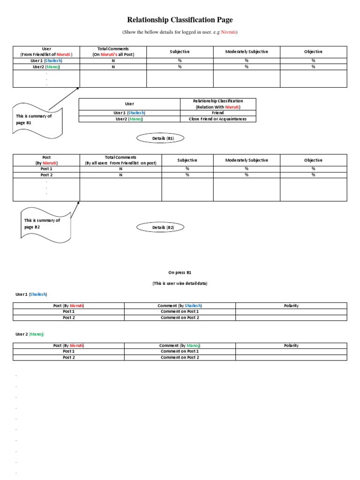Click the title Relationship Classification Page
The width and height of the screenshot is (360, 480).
click(x=180, y=20)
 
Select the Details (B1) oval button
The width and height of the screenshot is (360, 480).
click(x=160, y=138)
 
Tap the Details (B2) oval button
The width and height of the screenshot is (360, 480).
click(x=160, y=227)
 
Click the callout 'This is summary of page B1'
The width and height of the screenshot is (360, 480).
click(x=34, y=119)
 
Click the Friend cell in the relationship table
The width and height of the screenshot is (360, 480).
click(x=218, y=113)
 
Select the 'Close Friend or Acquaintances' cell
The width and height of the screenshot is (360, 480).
click(x=218, y=119)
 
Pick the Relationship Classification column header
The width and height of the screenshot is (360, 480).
click(x=218, y=104)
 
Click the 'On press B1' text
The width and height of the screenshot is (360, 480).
click(x=180, y=272)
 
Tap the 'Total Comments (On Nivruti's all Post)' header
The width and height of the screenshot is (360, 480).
click(x=113, y=52)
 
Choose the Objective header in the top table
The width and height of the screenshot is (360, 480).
click(x=313, y=52)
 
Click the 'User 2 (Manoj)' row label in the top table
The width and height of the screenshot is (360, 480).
click(x=46, y=67)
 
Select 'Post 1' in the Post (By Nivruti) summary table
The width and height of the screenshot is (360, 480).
click(x=46, y=169)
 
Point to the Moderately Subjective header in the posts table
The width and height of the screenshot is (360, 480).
click(x=247, y=160)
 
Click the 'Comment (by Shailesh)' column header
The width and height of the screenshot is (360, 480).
click(x=180, y=306)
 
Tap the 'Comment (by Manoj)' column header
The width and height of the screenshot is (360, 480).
click(x=180, y=345)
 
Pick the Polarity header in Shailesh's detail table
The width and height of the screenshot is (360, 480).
click(x=291, y=306)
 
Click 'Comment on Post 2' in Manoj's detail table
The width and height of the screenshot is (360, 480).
click(x=180, y=358)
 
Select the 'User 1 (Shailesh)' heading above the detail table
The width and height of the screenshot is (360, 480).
click(x=32, y=294)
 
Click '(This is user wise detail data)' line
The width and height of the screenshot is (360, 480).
click(x=180, y=284)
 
